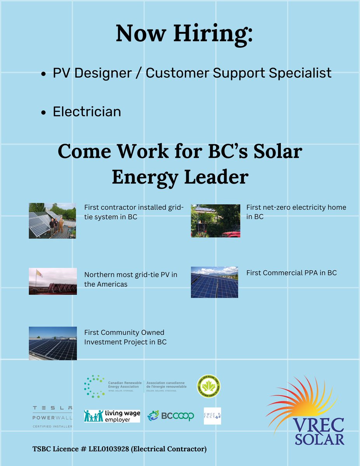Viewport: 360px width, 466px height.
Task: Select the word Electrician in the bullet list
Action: pos(87,112)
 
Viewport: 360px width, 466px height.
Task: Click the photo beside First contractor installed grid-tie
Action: pos(52,220)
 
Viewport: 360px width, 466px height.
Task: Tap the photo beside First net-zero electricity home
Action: pos(216,221)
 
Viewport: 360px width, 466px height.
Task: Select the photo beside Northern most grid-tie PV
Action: pos(53,281)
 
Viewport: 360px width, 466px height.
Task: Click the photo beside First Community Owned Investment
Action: pos(53,343)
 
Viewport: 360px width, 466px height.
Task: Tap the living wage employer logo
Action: pos(112,416)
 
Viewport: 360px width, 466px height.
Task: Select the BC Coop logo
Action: pos(170,416)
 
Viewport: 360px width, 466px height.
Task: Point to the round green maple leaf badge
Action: pos(209,386)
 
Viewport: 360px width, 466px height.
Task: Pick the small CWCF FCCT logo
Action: pos(212,416)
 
